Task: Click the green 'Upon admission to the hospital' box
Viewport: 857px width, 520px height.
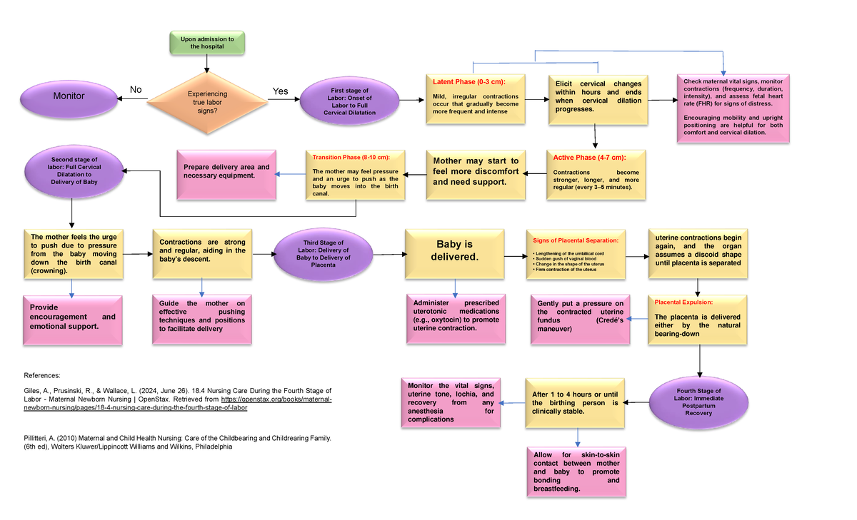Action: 206,43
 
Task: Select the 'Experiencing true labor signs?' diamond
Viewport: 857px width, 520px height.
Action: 206,102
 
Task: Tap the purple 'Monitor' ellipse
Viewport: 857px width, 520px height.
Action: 69,96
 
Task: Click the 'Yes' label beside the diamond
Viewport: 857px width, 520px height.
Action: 281,91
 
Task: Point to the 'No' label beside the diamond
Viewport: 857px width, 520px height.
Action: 135,89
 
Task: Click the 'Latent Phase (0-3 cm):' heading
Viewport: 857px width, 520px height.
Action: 468,83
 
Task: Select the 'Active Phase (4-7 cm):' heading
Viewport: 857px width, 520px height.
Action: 588,158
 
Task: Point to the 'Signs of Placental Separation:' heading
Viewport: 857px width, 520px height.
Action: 576,240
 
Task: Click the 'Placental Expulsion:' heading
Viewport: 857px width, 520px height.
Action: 683,302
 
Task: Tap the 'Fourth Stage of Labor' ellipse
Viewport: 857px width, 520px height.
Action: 698,402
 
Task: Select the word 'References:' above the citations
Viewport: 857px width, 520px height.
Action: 44,374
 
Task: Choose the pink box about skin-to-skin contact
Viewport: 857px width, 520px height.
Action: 576,472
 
